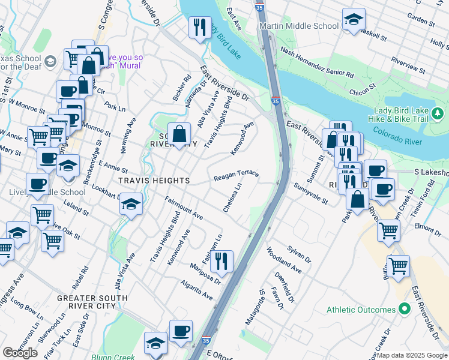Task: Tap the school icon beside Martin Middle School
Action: pos(354,20)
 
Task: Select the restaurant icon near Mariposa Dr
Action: pos(221,262)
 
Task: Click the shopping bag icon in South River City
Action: pos(179,134)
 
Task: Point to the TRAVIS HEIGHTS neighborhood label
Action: pos(146,181)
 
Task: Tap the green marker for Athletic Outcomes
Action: pos(405,310)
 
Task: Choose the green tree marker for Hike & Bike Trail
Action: pos(438,113)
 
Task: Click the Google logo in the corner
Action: pos(20,353)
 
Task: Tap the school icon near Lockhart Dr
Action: pos(131,205)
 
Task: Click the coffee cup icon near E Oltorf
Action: pos(181,332)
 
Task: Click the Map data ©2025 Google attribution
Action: pos(412,355)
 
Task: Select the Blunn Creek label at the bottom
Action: pos(113,356)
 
